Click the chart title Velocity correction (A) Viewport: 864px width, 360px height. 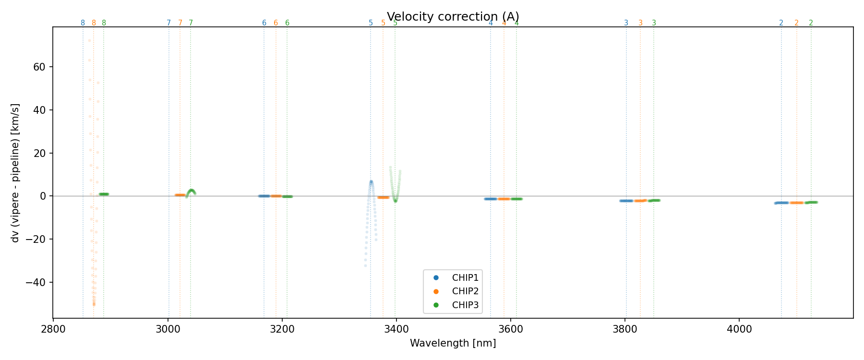point(453,17)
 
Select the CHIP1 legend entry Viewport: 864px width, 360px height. point(465,277)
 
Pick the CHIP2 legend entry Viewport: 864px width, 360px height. point(465,291)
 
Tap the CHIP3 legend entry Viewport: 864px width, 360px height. point(465,305)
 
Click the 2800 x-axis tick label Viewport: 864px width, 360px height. point(53,331)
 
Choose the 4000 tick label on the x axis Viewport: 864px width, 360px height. point(739,331)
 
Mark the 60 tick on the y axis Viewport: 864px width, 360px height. point(39,67)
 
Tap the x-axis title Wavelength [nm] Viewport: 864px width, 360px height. point(453,343)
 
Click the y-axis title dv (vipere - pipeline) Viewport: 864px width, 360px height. point(15,173)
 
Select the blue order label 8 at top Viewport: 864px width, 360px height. point(83,23)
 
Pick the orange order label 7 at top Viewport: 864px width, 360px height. point(180,23)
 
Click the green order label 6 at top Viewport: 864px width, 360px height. point(287,23)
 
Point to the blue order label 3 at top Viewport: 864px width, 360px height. point(626,23)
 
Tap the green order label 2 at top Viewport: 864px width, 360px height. point(811,23)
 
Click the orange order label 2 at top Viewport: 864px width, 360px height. point(796,23)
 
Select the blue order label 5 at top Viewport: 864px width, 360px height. point(371,23)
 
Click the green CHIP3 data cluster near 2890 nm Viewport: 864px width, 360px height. point(104,194)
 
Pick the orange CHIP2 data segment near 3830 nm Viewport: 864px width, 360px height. point(640,201)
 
